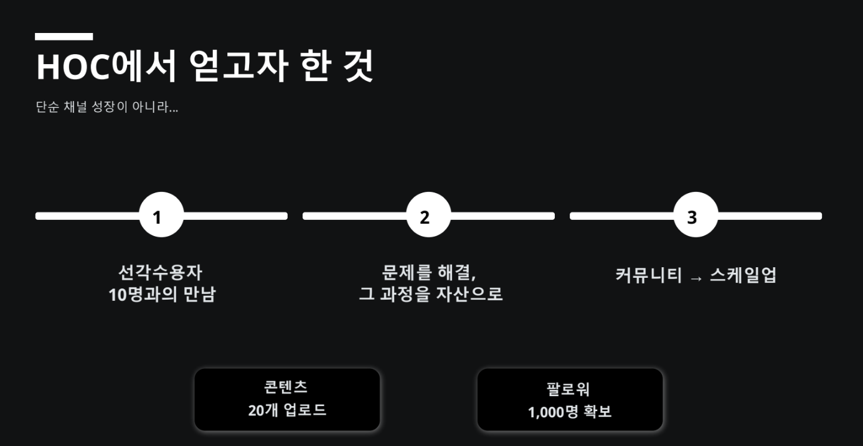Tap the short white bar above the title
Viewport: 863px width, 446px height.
pos(64,37)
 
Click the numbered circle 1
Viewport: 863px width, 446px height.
pos(161,216)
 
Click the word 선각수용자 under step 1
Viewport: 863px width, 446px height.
pos(161,272)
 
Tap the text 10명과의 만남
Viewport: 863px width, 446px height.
pos(162,295)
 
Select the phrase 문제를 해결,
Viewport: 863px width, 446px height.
pos(429,272)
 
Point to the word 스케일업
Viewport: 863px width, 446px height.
pos(743,275)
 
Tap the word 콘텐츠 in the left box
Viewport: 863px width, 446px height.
pos(286,387)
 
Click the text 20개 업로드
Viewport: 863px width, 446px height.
pos(287,410)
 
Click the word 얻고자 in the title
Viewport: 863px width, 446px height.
pos(238,66)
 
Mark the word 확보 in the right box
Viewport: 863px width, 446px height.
pos(597,412)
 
